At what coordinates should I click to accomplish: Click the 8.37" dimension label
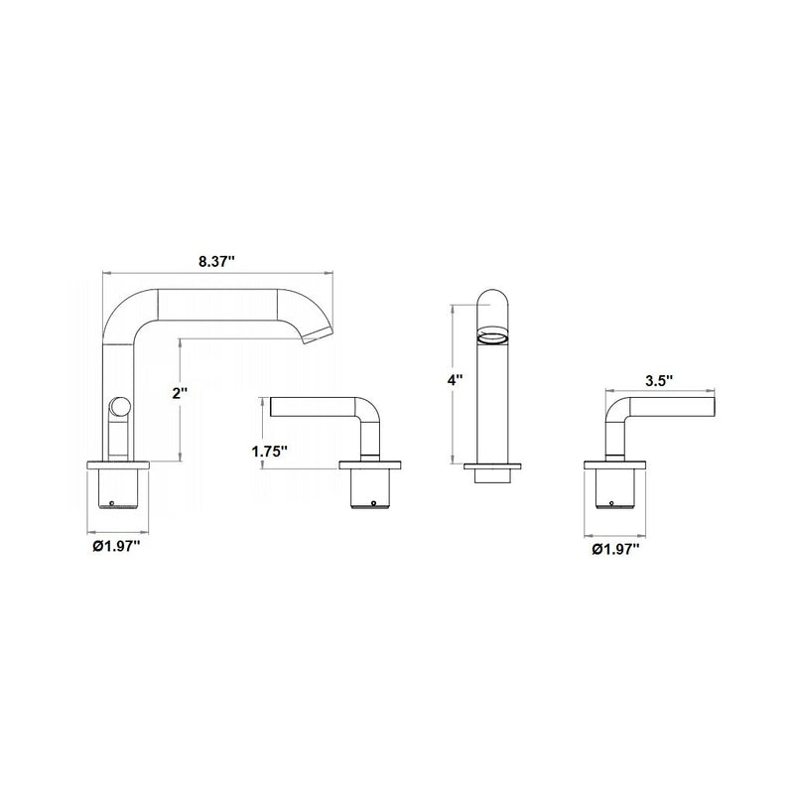(x=215, y=262)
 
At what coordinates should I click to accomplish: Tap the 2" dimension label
(x=179, y=394)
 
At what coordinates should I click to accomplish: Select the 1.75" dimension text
(x=269, y=452)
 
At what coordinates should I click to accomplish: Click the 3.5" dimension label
(x=659, y=380)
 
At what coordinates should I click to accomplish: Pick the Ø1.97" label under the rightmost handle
(x=616, y=549)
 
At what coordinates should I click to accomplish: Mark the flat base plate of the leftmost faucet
(x=119, y=463)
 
